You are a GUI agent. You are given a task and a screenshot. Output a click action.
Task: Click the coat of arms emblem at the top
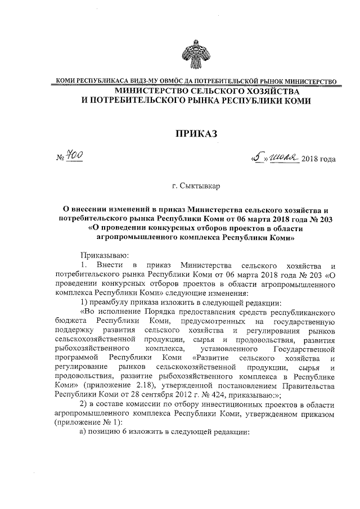[196, 54]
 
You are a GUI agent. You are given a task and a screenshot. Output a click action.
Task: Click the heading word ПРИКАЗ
[196, 133]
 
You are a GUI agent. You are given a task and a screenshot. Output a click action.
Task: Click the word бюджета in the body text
[70, 321]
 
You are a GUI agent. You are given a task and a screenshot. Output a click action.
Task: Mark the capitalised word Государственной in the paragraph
[304, 349]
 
